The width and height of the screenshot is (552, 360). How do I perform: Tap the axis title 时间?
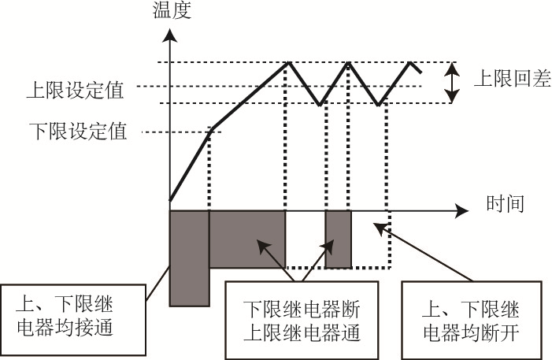pos(498,205)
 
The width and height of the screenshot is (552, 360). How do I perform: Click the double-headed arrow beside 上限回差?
pos(451,83)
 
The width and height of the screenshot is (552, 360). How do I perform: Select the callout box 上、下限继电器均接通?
pos(75,316)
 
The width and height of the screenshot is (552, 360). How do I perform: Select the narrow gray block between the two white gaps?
pos(338,239)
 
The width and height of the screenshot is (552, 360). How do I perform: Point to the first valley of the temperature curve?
pos(320,103)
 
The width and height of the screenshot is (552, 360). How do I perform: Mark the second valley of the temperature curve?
pos(379,103)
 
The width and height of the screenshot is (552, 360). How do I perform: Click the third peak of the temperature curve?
pos(411,62)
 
